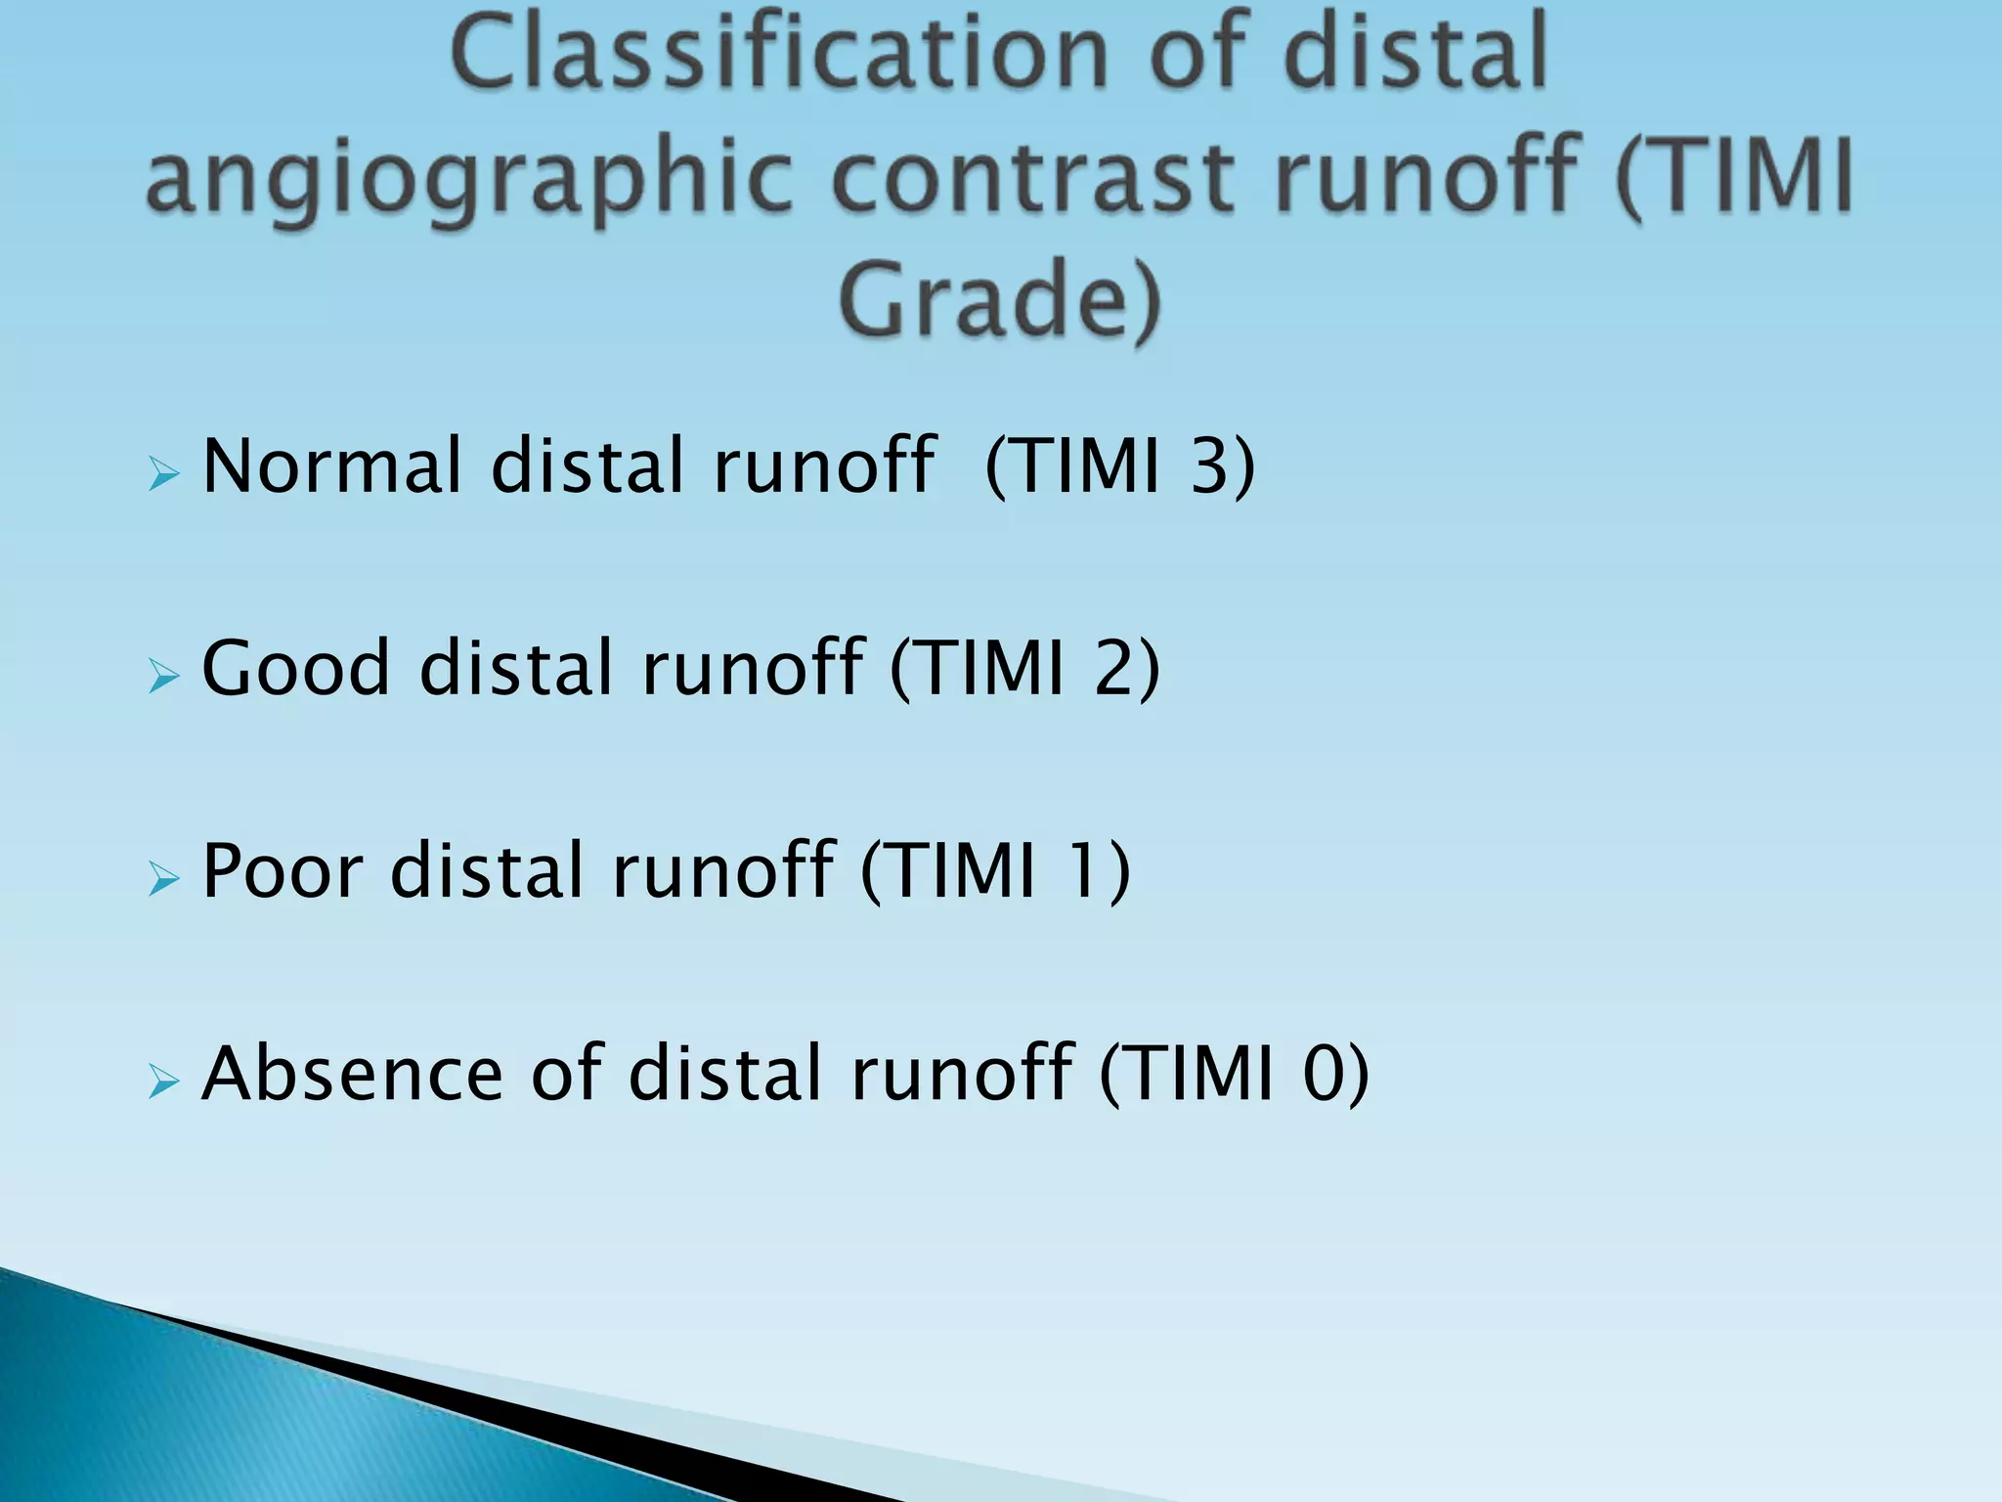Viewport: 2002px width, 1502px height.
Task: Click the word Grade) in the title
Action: [x=999, y=299]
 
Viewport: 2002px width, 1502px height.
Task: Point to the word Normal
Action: [x=330, y=466]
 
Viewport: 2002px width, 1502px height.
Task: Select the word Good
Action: [x=295, y=669]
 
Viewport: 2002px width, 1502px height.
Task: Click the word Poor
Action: [x=281, y=871]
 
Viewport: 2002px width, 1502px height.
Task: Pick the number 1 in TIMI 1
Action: [x=1083, y=871]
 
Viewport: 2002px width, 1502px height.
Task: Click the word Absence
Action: [x=352, y=1075]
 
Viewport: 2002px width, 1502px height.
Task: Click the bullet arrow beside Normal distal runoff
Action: [x=164, y=476]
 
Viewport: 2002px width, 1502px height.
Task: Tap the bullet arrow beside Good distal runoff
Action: [x=164, y=677]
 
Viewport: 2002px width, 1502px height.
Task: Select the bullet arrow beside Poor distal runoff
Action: [x=164, y=879]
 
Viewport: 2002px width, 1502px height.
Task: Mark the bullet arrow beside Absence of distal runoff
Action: [x=164, y=1082]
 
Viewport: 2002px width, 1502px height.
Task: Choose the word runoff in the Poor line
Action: [x=723, y=871]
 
